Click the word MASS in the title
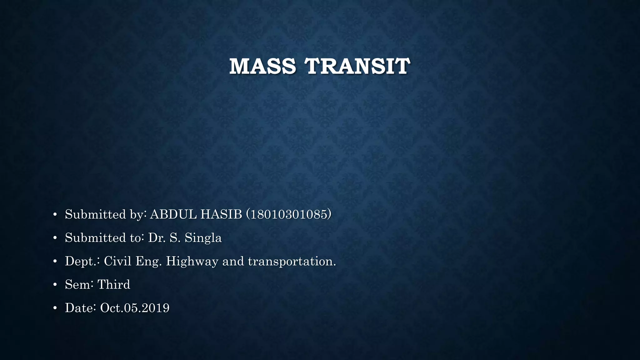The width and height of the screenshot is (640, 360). pos(262,66)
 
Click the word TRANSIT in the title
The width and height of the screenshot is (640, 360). pos(357,66)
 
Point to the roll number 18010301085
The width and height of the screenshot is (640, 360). pos(289,214)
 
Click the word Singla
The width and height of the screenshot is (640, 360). pos(203,238)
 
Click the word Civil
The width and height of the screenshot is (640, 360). pos(117,261)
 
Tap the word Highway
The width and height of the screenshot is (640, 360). pos(192,261)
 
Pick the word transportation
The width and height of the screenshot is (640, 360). pos(292,261)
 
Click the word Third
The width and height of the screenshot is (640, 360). pos(113,285)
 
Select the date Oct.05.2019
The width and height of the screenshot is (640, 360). pos(135,308)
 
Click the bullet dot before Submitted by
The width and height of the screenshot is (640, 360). pos(55,215)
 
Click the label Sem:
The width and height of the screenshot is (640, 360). pos(79,285)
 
